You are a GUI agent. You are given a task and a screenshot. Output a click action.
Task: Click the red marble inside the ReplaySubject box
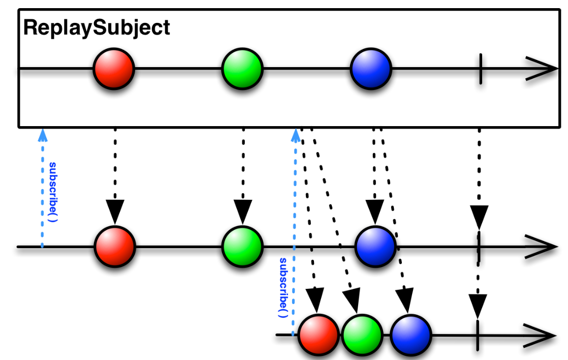click(x=114, y=69)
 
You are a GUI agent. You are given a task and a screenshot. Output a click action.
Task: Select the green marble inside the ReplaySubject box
click(x=242, y=69)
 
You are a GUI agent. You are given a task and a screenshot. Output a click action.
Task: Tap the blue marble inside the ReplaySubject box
click(x=371, y=69)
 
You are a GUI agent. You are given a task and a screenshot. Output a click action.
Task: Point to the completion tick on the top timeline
click(x=481, y=69)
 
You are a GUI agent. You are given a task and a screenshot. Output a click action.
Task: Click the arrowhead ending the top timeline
click(x=542, y=69)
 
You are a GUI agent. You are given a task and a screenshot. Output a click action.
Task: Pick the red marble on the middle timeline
click(x=115, y=247)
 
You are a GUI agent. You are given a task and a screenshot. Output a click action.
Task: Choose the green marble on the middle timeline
click(x=242, y=247)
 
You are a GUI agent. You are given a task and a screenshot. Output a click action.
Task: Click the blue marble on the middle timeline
click(x=375, y=247)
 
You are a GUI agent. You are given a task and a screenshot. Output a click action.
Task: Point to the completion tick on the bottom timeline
click(x=478, y=336)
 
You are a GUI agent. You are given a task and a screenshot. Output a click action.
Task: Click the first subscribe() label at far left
click(x=53, y=192)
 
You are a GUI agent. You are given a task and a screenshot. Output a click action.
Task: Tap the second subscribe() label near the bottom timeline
click(x=283, y=288)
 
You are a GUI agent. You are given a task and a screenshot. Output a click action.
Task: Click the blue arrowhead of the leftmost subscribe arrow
click(x=43, y=135)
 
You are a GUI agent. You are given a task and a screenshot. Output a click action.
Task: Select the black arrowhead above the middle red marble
click(x=115, y=212)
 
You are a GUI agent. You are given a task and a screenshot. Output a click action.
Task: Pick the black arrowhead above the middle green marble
click(x=243, y=212)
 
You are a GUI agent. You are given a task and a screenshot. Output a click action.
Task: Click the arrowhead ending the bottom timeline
click(x=540, y=336)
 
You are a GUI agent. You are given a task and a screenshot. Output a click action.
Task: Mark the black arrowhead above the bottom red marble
click(x=315, y=300)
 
